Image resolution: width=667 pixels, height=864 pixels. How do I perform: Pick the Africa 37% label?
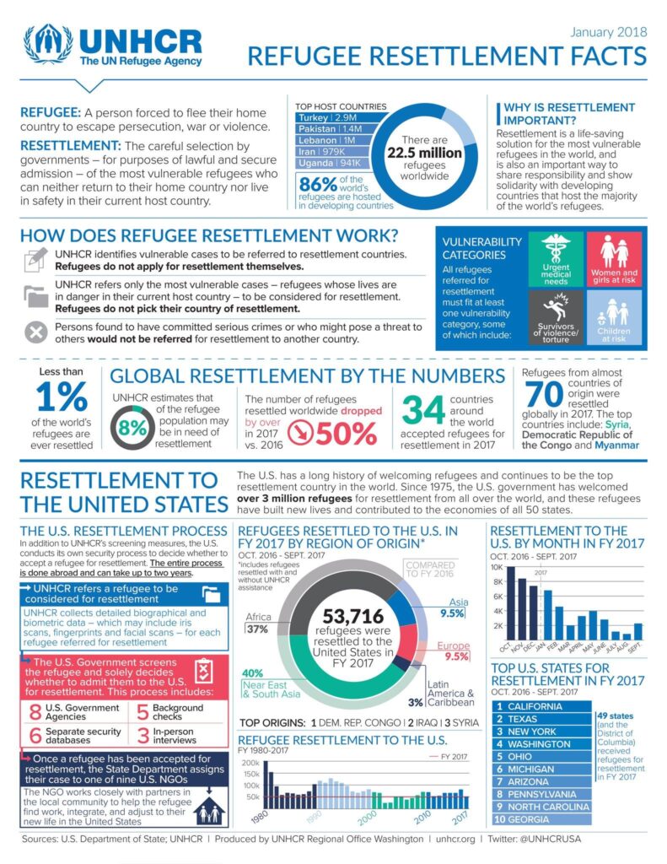(x=257, y=623)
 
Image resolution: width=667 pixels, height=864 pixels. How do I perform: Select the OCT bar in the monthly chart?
(x=510, y=602)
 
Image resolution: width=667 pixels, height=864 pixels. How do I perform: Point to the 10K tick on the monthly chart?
(x=497, y=568)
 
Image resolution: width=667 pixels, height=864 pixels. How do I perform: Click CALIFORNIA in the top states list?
(x=535, y=706)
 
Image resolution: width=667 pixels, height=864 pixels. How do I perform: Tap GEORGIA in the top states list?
(x=529, y=819)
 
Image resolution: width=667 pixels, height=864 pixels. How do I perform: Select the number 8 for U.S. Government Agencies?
(x=35, y=711)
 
